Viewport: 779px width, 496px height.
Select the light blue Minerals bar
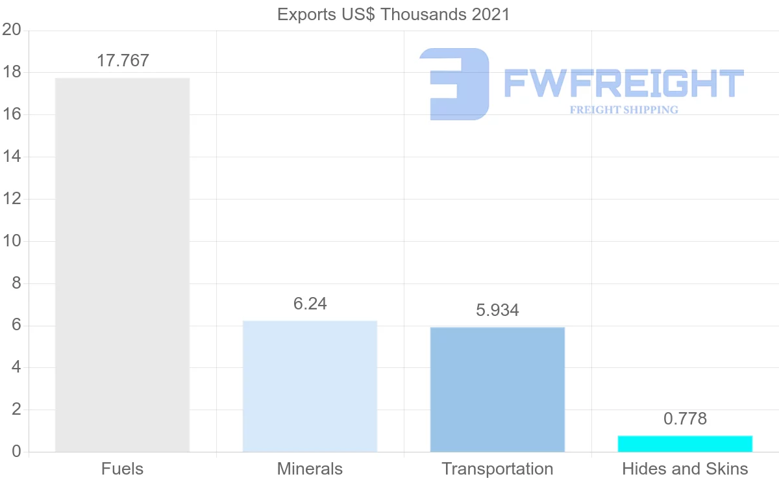click(310, 386)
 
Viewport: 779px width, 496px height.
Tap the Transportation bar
click(497, 389)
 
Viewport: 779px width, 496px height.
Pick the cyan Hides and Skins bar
click(685, 443)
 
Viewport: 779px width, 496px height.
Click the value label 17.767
click(123, 60)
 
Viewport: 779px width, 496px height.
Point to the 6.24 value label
click(310, 304)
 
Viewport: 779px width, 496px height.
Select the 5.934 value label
click(497, 310)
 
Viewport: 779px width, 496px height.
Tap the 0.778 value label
click(685, 419)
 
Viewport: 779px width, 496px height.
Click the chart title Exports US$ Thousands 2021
click(393, 14)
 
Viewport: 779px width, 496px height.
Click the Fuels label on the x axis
click(122, 469)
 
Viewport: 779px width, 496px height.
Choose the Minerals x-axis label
click(310, 469)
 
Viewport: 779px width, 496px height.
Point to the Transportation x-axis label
click(497, 469)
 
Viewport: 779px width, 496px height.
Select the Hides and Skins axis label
click(685, 469)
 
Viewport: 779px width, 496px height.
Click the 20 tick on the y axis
click(12, 30)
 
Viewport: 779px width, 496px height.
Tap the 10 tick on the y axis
click(12, 241)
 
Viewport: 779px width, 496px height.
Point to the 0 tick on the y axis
click(16, 452)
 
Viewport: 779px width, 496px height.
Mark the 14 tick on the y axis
click(12, 157)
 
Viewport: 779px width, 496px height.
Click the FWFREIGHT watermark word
click(623, 83)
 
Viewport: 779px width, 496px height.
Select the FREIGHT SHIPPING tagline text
click(623, 110)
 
